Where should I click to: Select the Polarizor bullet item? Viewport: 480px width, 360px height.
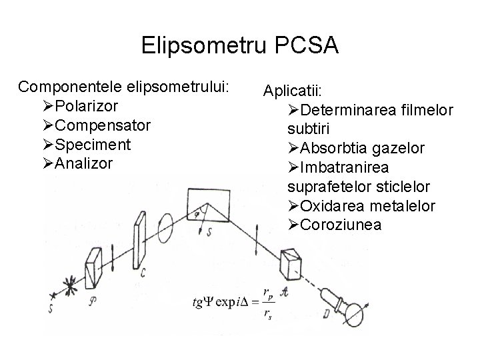click(x=87, y=105)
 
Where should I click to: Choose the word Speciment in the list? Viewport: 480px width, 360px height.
click(x=93, y=144)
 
